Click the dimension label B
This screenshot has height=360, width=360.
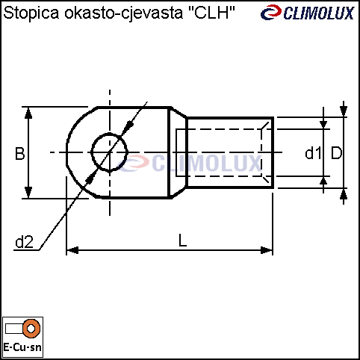tap(19, 154)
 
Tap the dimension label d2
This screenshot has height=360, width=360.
tap(24, 241)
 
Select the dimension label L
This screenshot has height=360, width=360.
tap(183, 240)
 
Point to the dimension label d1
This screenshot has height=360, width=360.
tap(313, 153)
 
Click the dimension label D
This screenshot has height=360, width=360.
tap(336, 153)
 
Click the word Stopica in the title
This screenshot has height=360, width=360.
tap(31, 13)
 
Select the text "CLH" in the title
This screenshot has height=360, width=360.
tap(211, 13)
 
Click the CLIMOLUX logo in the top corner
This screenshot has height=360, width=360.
tap(308, 13)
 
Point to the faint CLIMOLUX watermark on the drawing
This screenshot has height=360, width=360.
tap(190, 163)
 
